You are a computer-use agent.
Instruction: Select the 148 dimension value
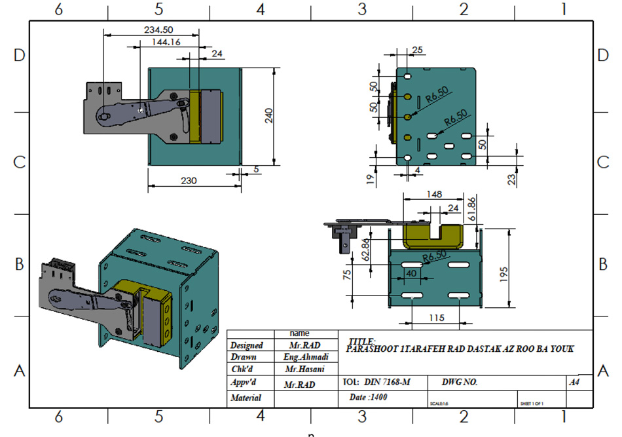point(434,194)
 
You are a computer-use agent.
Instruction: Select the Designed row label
point(247,345)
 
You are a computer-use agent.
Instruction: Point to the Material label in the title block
point(246,398)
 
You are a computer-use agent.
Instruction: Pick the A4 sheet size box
point(574,381)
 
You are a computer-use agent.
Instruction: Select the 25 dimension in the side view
point(418,50)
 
